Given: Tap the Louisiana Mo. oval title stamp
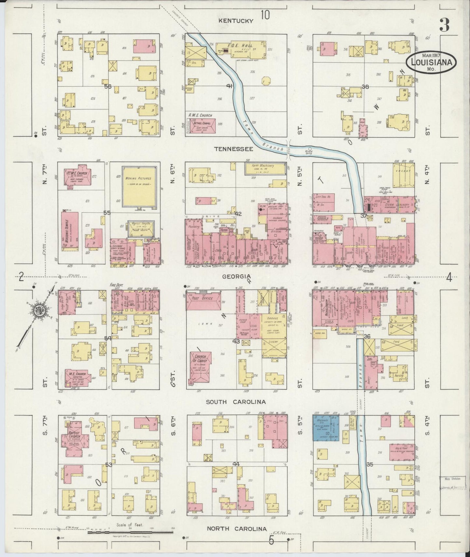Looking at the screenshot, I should pos(431,62).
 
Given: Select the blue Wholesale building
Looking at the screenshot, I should pos(326,427).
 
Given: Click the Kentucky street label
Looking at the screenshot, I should pos(236,21).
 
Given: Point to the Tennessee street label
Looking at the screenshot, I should pos(234,149).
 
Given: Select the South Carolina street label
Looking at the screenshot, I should pos(236,402).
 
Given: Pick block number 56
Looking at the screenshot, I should pos(108,86).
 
